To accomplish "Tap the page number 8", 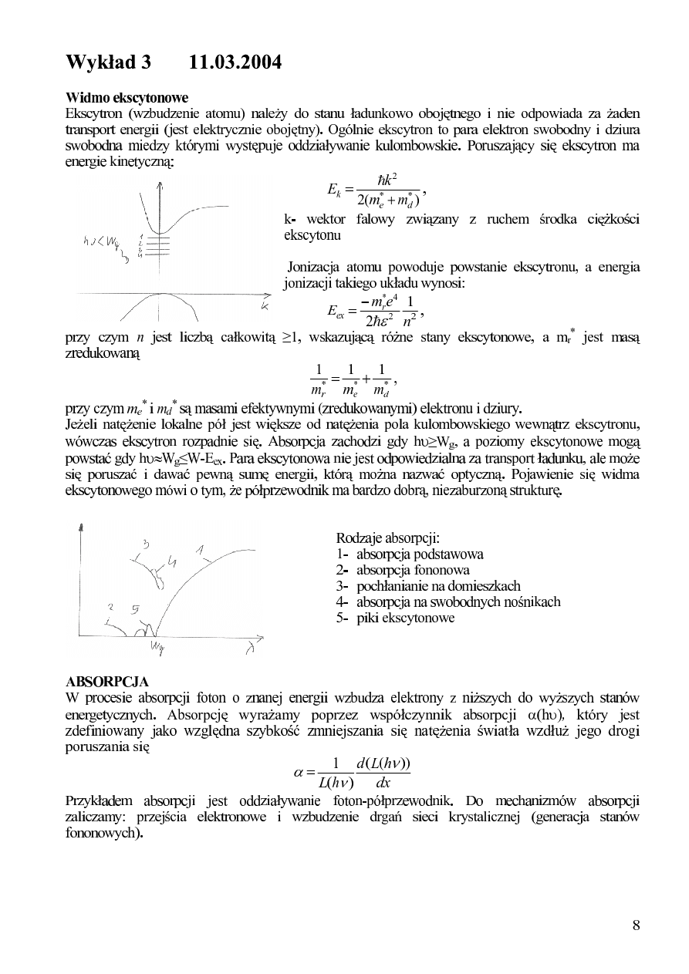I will [636, 925].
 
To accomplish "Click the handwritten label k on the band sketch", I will [265, 307].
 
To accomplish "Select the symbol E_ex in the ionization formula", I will [336, 312].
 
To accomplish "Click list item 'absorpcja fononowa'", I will [403, 570].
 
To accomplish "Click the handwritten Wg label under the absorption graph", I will [157, 645].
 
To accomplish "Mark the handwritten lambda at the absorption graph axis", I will [250, 649].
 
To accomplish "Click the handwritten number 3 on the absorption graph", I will [145, 544].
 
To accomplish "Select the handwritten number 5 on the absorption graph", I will [135, 609].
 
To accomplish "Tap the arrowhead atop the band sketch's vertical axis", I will [159, 183].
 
